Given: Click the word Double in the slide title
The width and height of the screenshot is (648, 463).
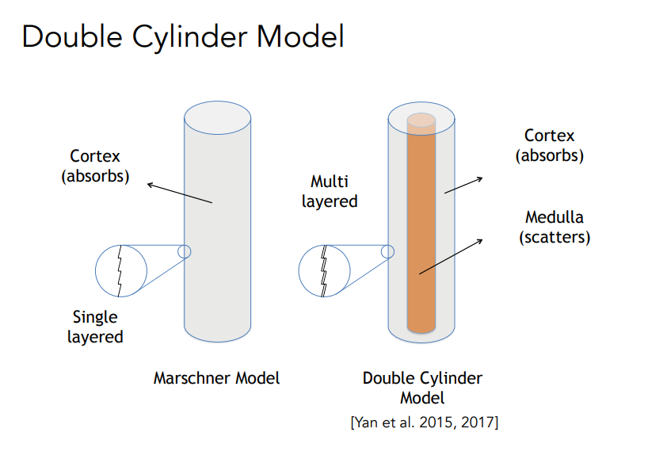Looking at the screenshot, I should click(67, 36).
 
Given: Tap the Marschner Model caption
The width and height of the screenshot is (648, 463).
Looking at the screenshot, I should click(216, 378).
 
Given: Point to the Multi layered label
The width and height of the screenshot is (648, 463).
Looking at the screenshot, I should click(330, 192).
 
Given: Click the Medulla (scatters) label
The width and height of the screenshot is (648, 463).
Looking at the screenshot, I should click(555, 227).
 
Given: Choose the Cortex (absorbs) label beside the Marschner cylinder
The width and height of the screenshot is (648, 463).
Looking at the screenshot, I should click(95, 166).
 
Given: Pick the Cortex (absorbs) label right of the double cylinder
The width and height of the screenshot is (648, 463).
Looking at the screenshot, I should click(550, 146).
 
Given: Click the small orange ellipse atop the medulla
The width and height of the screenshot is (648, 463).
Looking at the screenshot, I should click(421, 121).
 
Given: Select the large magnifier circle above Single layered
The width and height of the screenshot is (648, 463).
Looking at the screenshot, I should click(121, 270).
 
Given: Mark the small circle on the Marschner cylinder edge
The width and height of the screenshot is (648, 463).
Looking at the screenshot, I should click(185, 251).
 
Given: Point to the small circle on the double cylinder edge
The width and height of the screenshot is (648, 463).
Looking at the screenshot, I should click(387, 251).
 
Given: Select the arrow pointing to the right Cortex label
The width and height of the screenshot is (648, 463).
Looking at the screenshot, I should click(463, 184).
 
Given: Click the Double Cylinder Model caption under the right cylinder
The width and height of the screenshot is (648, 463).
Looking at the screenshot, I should click(422, 387).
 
